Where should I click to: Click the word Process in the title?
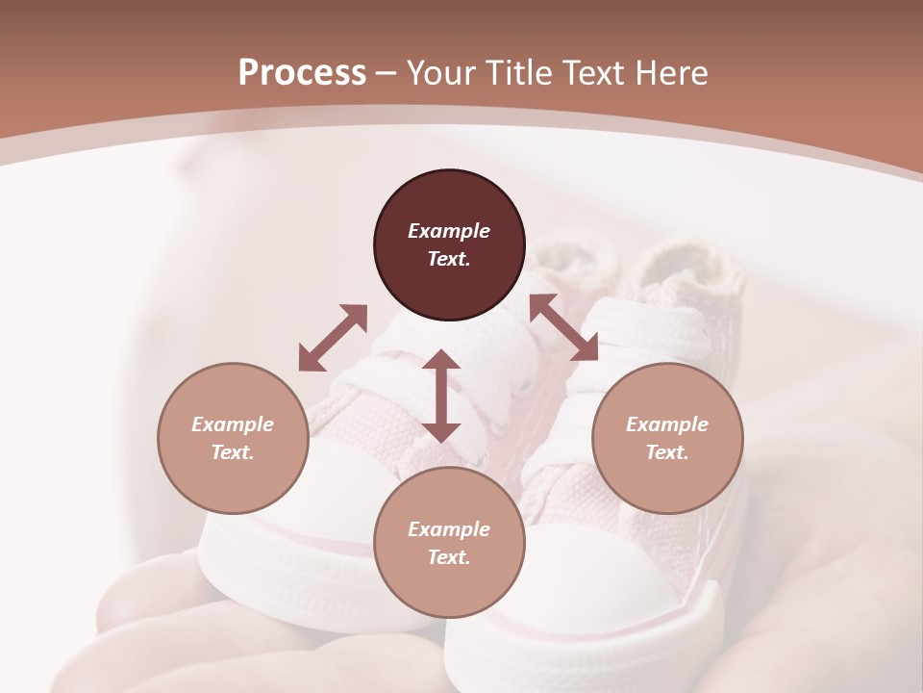(x=302, y=73)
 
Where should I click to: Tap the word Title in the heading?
(x=520, y=73)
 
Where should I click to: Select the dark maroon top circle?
(x=449, y=245)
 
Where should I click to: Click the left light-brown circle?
(x=233, y=438)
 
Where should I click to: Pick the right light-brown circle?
(x=666, y=438)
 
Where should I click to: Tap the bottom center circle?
(x=449, y=543)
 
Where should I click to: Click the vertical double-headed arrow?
(x=441, y=396)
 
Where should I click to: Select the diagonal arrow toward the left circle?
(x=333, y=338)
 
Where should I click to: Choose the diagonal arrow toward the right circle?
(x=563, y=327)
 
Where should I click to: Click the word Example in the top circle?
(x=449, y=231)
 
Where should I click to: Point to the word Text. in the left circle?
(x=233, y=452)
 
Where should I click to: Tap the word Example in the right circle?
(x=666, y=424)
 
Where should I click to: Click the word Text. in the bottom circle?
(x=449, y=557)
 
